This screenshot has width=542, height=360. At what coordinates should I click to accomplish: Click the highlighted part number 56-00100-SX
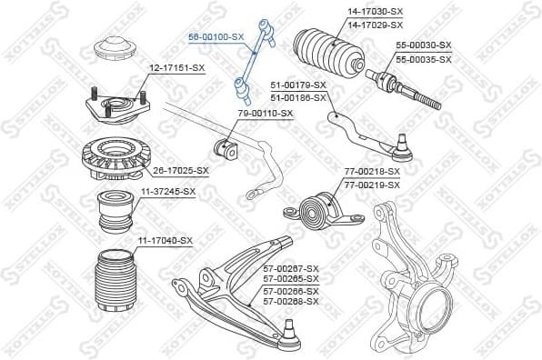click(216, 36)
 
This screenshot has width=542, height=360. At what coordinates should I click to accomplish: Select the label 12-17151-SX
click(177, 67)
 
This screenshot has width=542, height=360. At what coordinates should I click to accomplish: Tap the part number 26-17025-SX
click(180, 170)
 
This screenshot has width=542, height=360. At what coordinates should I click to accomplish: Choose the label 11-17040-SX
click(165, 240)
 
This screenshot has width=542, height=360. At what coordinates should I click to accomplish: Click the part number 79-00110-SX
click(266, 114)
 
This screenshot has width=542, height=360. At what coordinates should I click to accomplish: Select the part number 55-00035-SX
click(423, 59)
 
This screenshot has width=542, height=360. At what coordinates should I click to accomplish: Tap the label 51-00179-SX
click(299, 84)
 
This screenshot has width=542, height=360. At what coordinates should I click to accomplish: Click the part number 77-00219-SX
click(372, 185)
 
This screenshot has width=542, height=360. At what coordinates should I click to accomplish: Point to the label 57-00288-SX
click(291, 301)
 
